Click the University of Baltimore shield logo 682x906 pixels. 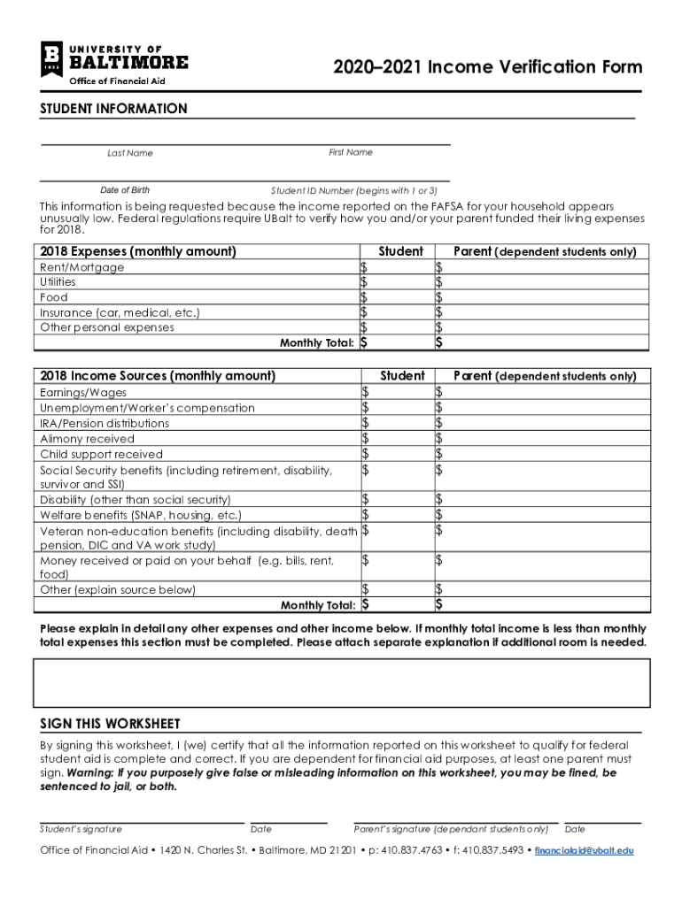51,59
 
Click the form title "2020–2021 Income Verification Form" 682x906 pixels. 487,68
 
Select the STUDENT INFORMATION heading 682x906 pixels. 113,109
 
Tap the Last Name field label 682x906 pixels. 129,153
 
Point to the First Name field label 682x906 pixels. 351,152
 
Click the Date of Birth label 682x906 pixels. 125,190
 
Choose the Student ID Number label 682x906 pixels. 354,190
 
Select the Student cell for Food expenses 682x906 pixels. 395,297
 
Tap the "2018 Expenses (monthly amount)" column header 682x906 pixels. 138,251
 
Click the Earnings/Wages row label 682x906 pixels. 83,392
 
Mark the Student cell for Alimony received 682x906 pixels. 395,438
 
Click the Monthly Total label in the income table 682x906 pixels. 318,605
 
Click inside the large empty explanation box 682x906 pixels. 342,680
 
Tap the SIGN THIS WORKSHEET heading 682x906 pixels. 111,723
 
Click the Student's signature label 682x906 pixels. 81,830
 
